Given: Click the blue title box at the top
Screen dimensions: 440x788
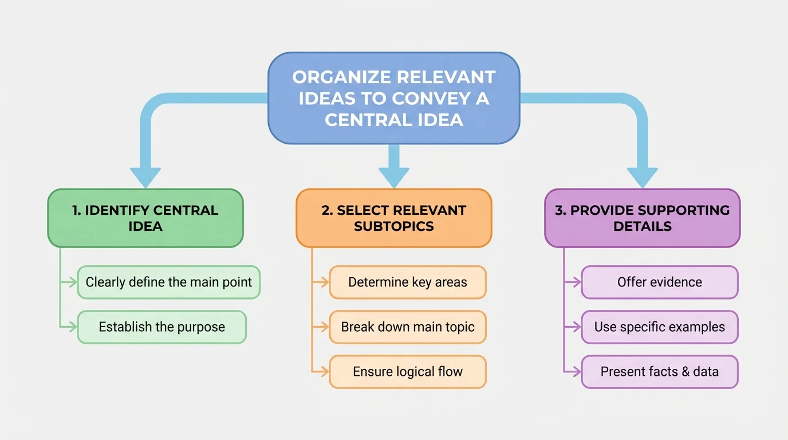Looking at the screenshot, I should pos(394,98).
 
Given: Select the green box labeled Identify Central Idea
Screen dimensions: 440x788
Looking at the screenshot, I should pos(145,218).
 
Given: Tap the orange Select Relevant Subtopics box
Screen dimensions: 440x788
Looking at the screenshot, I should pos(394,218).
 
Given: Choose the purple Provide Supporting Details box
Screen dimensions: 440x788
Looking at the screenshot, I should pos(642,218).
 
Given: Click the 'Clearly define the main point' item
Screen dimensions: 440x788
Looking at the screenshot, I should pos(169,282).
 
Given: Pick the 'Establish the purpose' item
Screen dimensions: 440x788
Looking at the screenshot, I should pos(161,327).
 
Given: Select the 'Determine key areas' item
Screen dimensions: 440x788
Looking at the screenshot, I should pos(407,282).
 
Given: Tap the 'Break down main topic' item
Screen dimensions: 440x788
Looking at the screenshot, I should pos(407,327).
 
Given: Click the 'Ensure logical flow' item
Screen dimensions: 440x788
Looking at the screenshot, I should pos(407,372).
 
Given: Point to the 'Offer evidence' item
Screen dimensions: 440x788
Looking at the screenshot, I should pos(660,282).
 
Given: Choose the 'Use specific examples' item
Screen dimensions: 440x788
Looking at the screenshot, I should pos(660,327).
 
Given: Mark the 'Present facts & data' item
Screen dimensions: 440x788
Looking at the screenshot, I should pos(660,372).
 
